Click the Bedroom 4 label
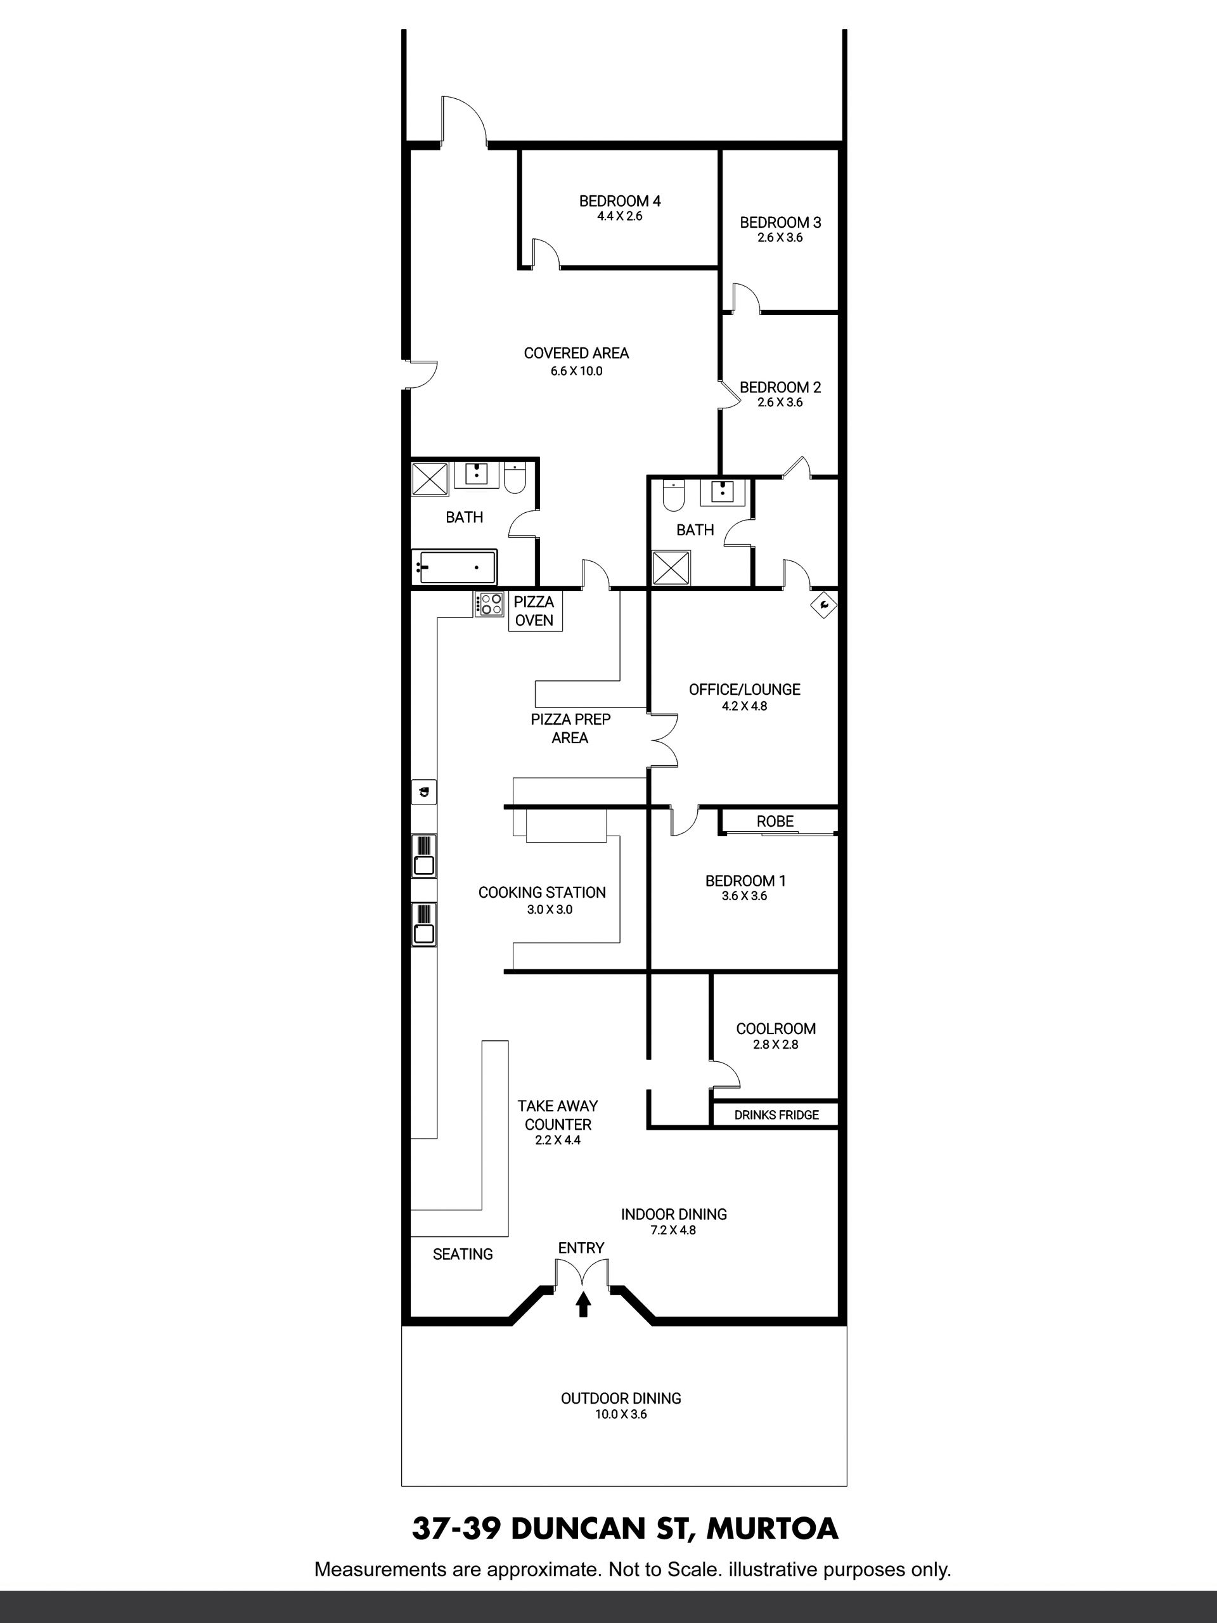tap(620, 201)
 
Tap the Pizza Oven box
tap(535, 611)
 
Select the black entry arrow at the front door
tap(583, 1304)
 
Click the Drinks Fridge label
tap(776, 1115)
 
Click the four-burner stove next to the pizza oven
tap(489, 604)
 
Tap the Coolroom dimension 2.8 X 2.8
tap(775, 1045)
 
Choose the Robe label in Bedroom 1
tap(775, 822)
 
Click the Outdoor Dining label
tap(621, 1399)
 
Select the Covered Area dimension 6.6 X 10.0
tap(577, 372)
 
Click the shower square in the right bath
tap(671, 569)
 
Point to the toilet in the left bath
tap(515, 479)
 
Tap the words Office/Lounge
tap(745, 690)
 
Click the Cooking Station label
tap(542, 893)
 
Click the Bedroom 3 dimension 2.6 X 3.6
tap(780, 238)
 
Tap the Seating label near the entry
tap(463, 1255)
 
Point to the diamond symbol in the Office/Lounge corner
tap(824, 605)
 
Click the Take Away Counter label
tap(558, 1115)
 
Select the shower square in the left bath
tap(430, 479)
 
